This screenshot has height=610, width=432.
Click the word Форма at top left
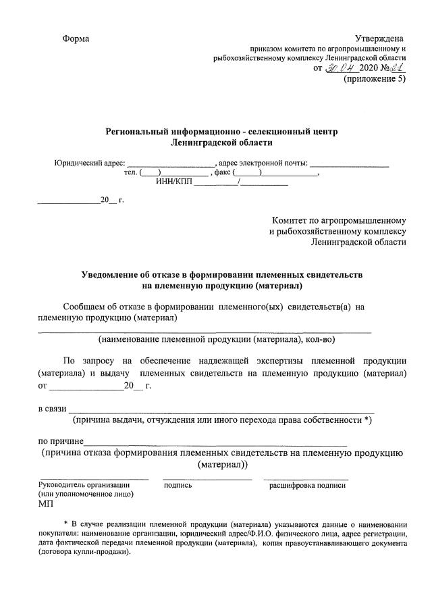click(x=76, y=39)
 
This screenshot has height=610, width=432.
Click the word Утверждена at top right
click(x=380, y=39)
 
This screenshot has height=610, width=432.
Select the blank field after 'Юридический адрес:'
click(x=170, y=163)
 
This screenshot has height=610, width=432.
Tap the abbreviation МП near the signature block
click(x=46, y=503)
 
